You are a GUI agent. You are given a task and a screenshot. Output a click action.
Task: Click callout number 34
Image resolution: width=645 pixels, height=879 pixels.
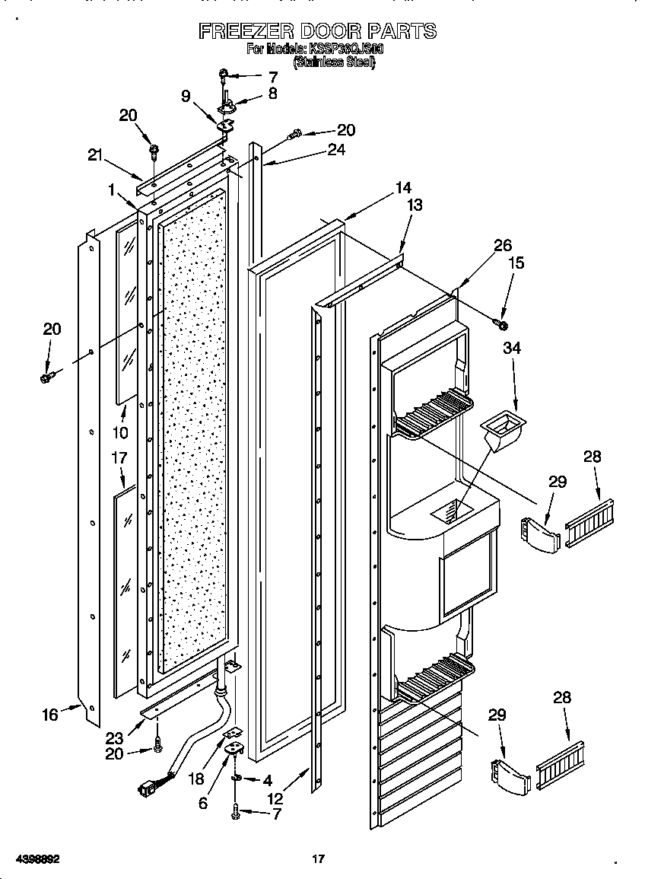[512, 349]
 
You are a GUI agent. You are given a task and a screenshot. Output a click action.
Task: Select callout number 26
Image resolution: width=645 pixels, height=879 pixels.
[502, 245]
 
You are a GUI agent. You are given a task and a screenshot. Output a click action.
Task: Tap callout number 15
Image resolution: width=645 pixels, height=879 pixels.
[516, 263]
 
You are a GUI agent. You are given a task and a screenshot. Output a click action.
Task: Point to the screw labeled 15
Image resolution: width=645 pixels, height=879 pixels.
[502, 325]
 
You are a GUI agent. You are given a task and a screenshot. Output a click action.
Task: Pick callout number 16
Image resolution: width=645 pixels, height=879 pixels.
[50, 715]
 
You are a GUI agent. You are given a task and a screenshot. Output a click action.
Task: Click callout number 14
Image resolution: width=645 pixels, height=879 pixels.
[403, 187]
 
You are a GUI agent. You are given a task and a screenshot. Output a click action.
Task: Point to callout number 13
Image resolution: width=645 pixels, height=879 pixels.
[415, 205]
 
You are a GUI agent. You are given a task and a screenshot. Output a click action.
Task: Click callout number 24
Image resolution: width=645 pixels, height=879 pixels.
[335, 150]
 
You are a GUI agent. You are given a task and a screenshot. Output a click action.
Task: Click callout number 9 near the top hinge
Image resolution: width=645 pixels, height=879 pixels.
[186, 97]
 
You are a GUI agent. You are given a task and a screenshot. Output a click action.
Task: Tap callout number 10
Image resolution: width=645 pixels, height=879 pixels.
[121, 433]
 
